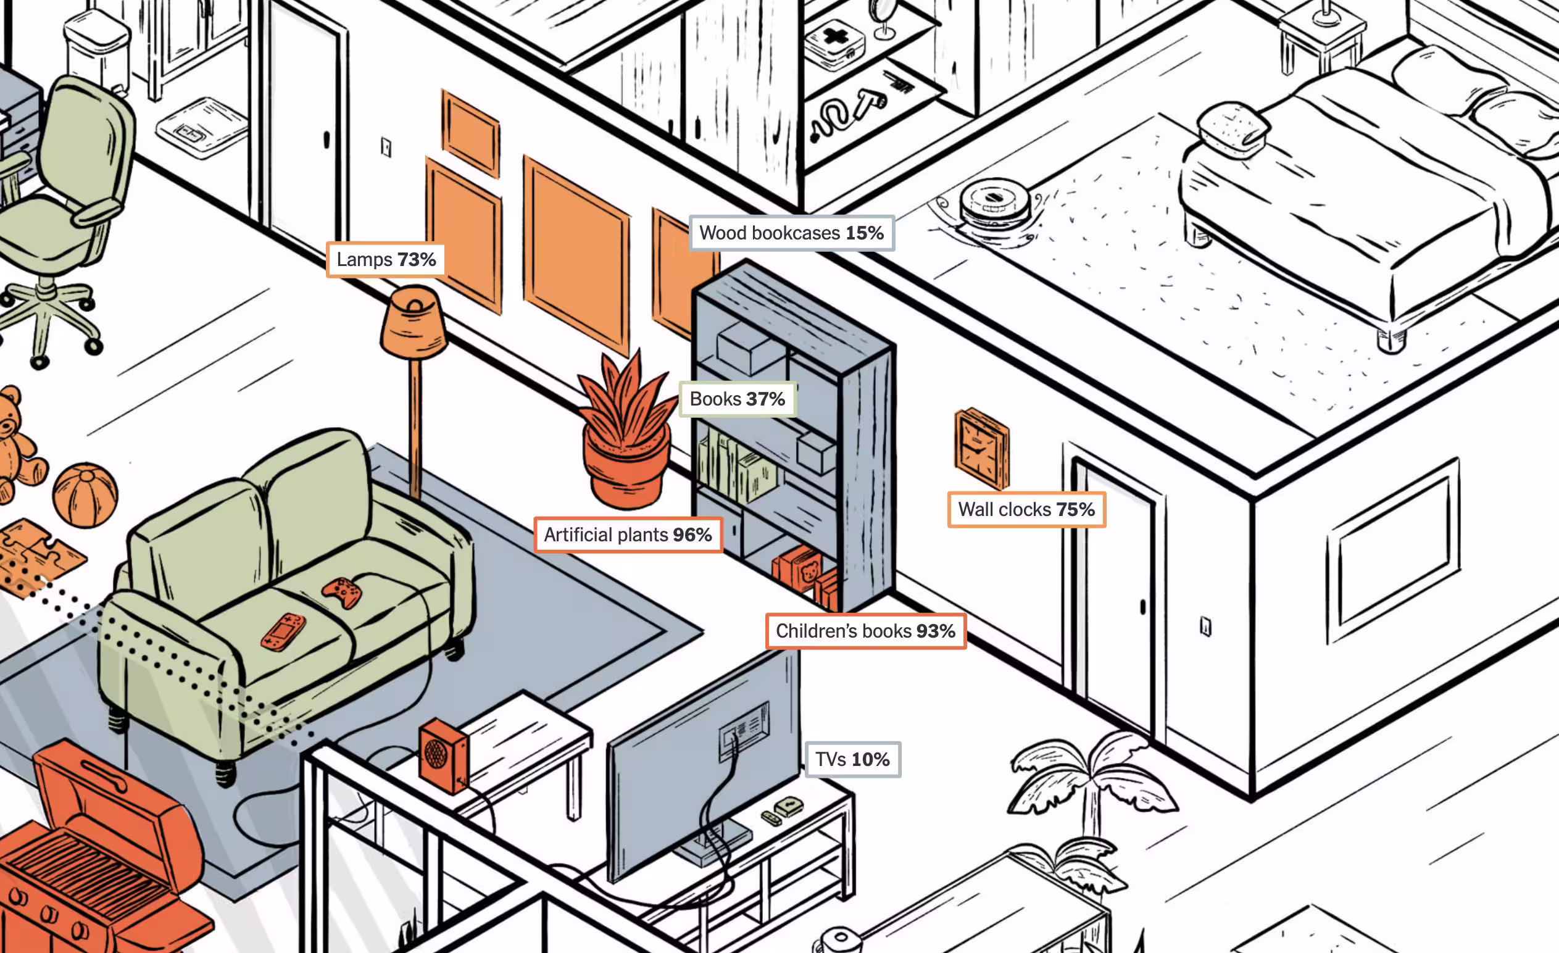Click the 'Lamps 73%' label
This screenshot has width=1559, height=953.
pos(385,259)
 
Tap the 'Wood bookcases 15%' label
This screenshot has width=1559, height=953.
pos(791,233)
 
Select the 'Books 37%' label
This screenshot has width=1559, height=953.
pos(737,399)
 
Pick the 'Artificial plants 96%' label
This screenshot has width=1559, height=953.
pos(628,535)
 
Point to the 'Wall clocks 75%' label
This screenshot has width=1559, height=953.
pos(1026,509)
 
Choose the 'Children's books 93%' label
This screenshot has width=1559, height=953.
pos(865,631)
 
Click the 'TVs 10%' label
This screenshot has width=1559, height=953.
pos(852,759)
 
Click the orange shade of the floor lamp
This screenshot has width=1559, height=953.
pos(413,323)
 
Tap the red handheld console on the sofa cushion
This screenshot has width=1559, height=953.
pos(283,631)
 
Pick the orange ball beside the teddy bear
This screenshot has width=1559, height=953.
pos(85,495)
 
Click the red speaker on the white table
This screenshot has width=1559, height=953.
pos(443,755)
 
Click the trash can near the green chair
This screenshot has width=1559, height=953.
pos(98,54)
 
